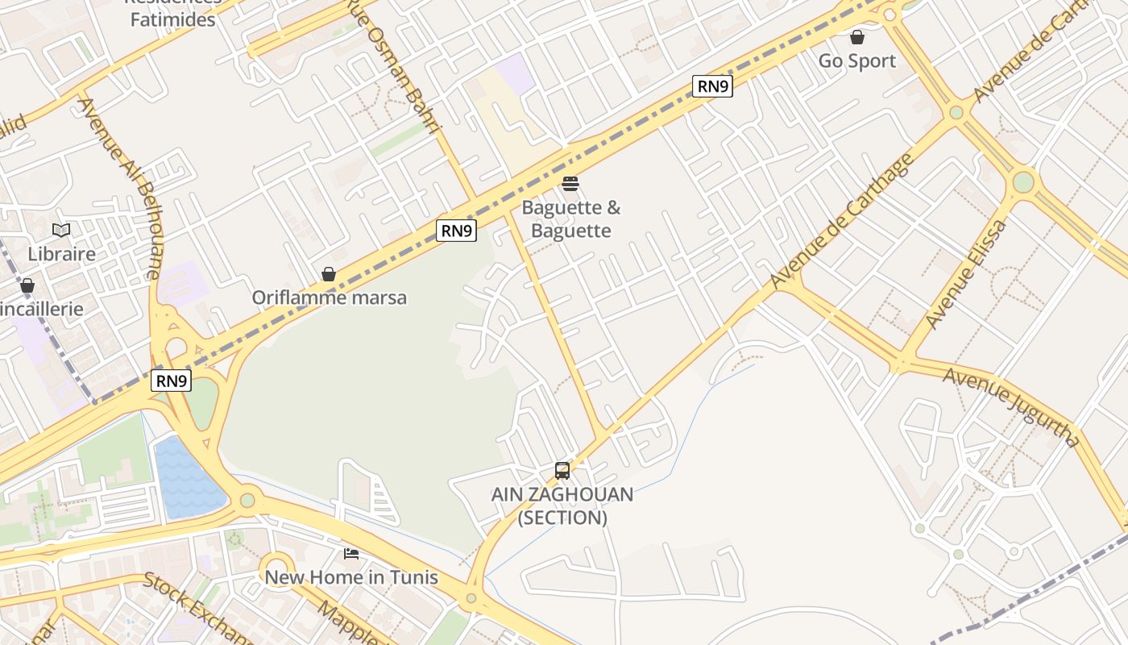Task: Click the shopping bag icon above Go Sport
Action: (857, 37)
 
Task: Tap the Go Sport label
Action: (857, 61)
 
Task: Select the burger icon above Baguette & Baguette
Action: (570, 184)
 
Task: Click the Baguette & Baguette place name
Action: (571, 219)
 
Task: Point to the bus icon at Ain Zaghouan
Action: (562, 470)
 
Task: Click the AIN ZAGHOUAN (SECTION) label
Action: (562, 506)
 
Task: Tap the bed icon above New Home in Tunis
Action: (351, 553)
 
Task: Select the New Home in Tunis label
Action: (351, 577)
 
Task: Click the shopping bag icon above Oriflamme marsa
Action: (329, 274)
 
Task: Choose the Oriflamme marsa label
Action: (330, 298)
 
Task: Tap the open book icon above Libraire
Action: (61, 231)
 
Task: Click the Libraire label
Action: (62, 254)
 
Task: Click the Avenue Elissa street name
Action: (965, 275)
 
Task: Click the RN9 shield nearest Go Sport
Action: (712, 86)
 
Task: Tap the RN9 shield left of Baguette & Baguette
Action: (456, 231)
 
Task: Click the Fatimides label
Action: (173, 19)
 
